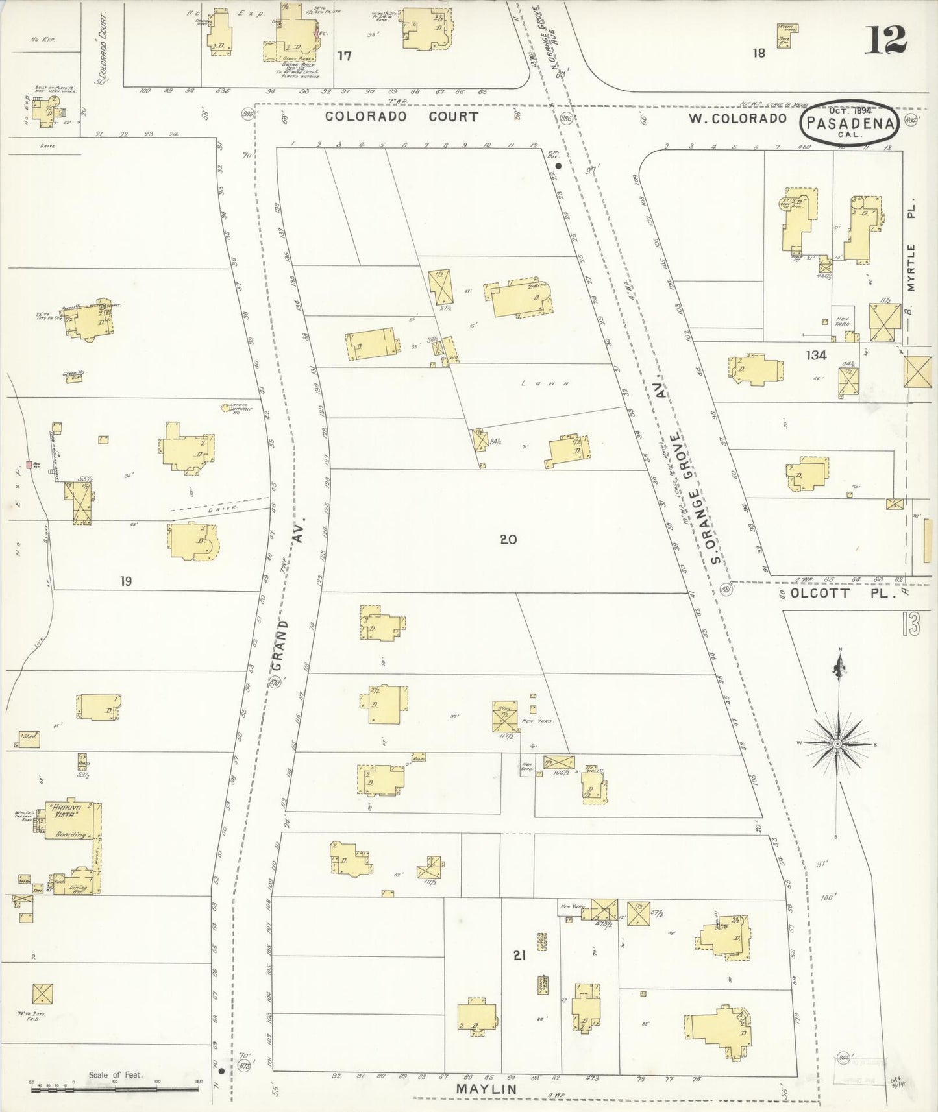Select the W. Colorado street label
739,118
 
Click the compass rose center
837,742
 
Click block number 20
508,538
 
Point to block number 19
126,581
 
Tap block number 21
519,956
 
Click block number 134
815,356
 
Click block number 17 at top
344,56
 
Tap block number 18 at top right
759,53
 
